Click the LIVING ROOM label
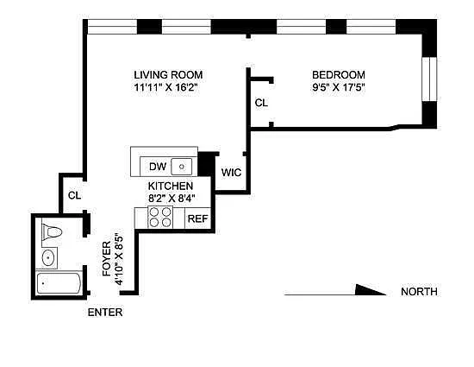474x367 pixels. tap(168, 75)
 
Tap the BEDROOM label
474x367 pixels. tap(339, 75)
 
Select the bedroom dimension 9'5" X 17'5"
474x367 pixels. tap(339, 87)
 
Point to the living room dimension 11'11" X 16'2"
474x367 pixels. tap(166, 87)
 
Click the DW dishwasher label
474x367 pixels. tap(158, 167)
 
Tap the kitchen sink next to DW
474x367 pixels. tap(181, 167)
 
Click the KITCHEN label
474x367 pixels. tap(171, 186)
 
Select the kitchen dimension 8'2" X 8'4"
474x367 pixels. tap(172, 199)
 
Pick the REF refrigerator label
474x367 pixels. tap(197, 218)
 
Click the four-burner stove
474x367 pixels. tap(160, 217)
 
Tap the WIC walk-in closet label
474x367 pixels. tap(231, 173)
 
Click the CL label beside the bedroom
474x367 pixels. tap(261, 103)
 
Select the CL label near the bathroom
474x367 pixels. tap(75, 195)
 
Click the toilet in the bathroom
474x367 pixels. tap(52, 232)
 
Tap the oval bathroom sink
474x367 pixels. tap(48, 258)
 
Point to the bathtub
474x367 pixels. tap(59, 283)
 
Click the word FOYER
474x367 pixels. tap(107, 258)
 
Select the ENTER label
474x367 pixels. tap(105, 313)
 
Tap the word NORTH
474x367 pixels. tap(419, 292)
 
